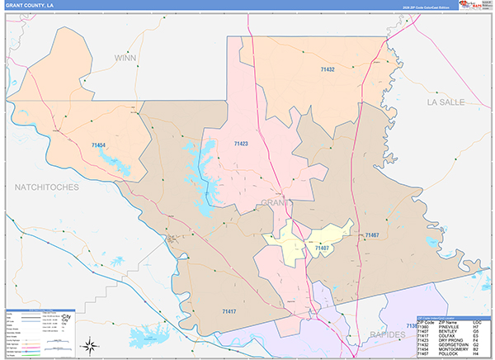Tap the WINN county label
(125, 58)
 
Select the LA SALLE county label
(446, 102)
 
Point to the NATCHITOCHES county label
(47, 187)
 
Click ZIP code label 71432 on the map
(328, 70)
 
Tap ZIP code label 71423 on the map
(241, 144)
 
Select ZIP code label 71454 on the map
(98, 145)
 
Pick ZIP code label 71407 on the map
(322, 247)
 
